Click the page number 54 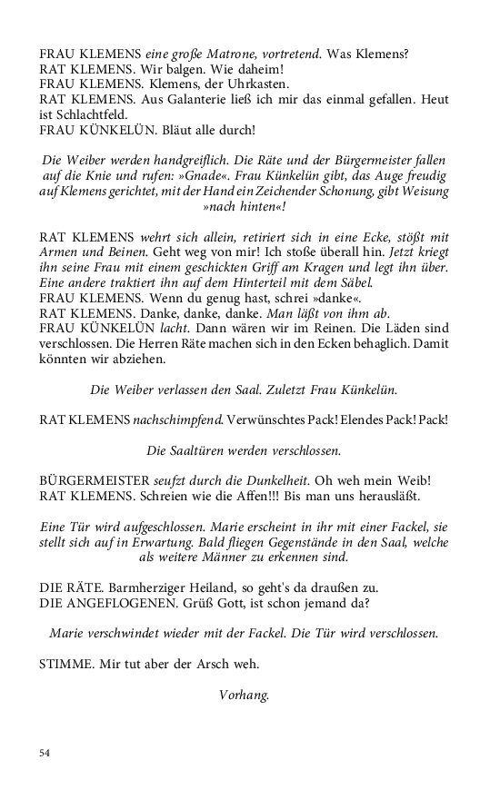45,753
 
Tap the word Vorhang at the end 244,695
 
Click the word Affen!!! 254,497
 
